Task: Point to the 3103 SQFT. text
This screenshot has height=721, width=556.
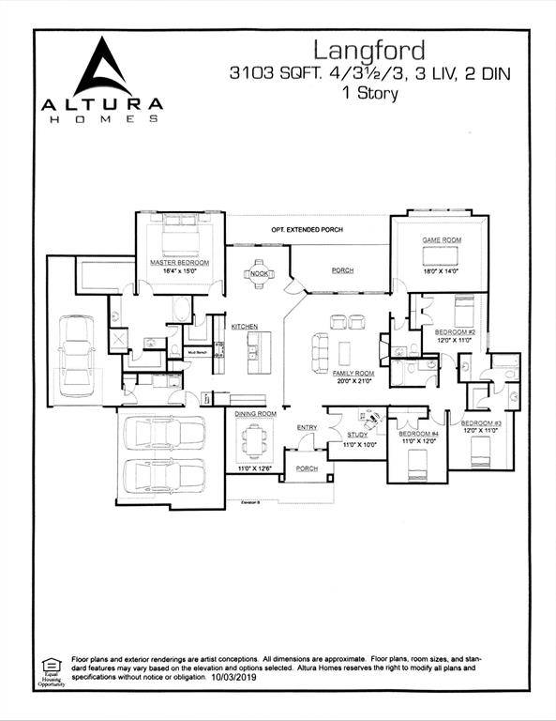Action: pyautogui.click(x=274, y=72)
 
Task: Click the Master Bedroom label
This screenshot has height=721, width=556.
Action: pyautogui.click(x=179, y=262)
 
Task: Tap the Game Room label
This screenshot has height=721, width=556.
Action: pyautogui.click(x=439, y=241)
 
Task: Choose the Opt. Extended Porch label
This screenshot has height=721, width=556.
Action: pyautogui.click(x=307, y=230)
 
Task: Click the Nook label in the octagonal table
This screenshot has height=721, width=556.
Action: pyautogui.click(x=259, y=274)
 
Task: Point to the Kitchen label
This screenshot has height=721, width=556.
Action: pyautogui.click(x=245, y=326)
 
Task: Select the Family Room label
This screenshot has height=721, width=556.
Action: pyautogui.click(x=353, y=373)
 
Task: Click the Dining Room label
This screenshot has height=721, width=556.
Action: pyautogui.click(x=254, y=414)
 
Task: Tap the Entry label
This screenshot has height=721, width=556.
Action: pyautogui.click(x=307, y=428)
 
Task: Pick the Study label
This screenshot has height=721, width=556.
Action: pyautogui.click(x=356, y=435)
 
